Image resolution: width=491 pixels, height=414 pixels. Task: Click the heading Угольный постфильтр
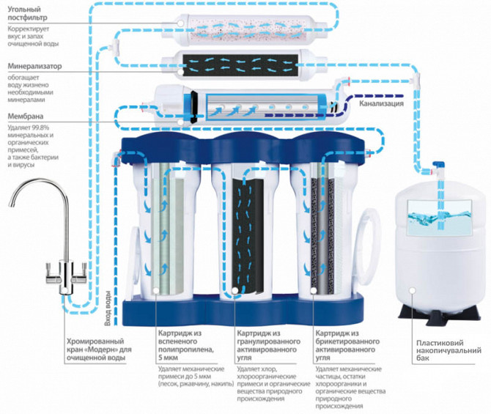[28, 13]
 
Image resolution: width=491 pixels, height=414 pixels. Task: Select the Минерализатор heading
[34, 67]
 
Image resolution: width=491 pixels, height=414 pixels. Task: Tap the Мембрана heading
[26, 117]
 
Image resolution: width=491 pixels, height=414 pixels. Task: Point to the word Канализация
[381, 103]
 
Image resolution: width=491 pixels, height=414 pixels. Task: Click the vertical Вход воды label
[108, 308]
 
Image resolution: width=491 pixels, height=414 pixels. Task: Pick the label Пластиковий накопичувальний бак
[448, 351]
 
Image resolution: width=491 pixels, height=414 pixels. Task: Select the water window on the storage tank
[439, 218]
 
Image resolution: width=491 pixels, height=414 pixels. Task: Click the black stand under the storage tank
[439, 312]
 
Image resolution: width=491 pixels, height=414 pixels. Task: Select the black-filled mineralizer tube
[240, 65]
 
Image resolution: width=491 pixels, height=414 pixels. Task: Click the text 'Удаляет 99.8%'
[29, 127]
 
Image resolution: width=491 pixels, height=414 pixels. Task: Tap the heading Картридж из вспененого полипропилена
[185, 345]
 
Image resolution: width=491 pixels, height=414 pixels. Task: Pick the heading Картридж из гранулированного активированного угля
[268, 345]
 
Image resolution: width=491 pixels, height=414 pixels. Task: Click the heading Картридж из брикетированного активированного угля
[347, 345]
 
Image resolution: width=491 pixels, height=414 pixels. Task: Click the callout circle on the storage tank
[413, 291]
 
